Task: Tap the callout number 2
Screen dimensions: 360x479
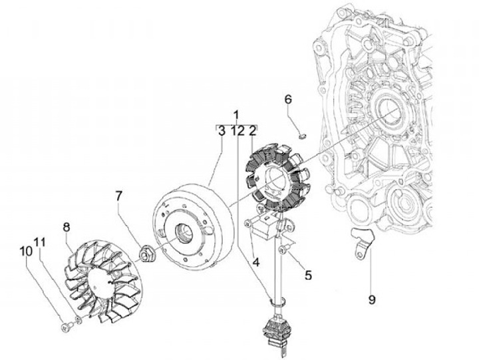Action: tap(253, 132)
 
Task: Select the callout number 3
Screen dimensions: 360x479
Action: tap(221, 132)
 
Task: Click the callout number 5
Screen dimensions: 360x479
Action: tap(309, 273)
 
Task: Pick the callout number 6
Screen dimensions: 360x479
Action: tap(288, 99)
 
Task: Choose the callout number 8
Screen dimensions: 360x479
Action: tap(67, 227)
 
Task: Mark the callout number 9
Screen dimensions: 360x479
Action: tap(372, 299)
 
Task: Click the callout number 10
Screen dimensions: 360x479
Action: tap(27, 251)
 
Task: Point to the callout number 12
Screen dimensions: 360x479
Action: tap(238, 132)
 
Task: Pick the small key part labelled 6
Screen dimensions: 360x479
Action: tap(301, 136)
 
